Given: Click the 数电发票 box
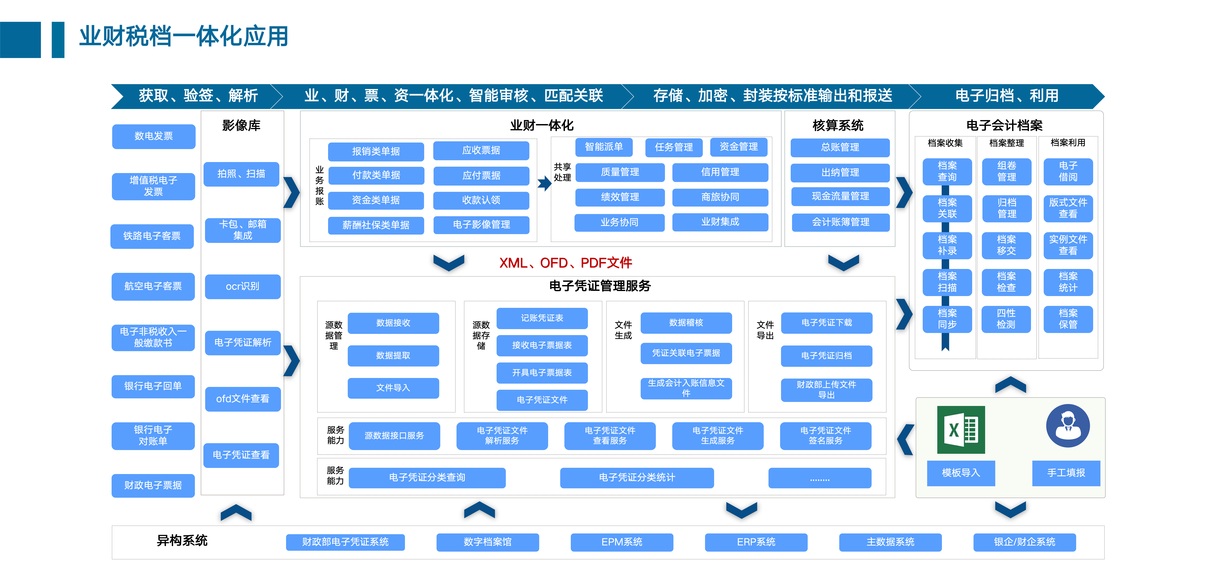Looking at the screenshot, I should tap(153, 136).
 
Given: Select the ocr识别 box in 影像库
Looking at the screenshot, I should tap(243, 287).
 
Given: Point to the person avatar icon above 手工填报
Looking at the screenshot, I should tap(1068, 426).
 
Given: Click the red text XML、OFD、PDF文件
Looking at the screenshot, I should tap(565, 263).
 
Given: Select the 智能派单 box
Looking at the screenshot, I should tap(603, 147).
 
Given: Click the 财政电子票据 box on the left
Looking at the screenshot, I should tap(153, 485).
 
